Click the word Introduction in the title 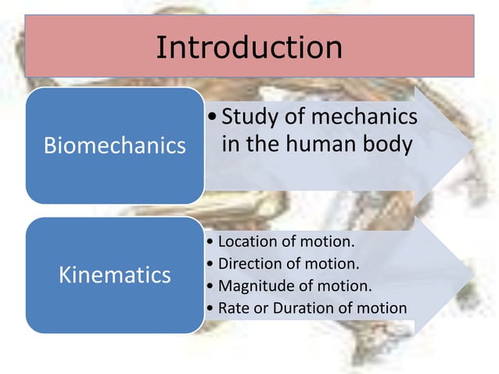249,48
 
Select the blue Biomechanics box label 114,146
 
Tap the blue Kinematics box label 115,275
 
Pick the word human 332,145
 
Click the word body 390,145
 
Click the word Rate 232,307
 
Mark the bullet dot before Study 214,120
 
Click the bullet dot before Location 211,241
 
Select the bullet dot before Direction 211,263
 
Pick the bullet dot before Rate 211,308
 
